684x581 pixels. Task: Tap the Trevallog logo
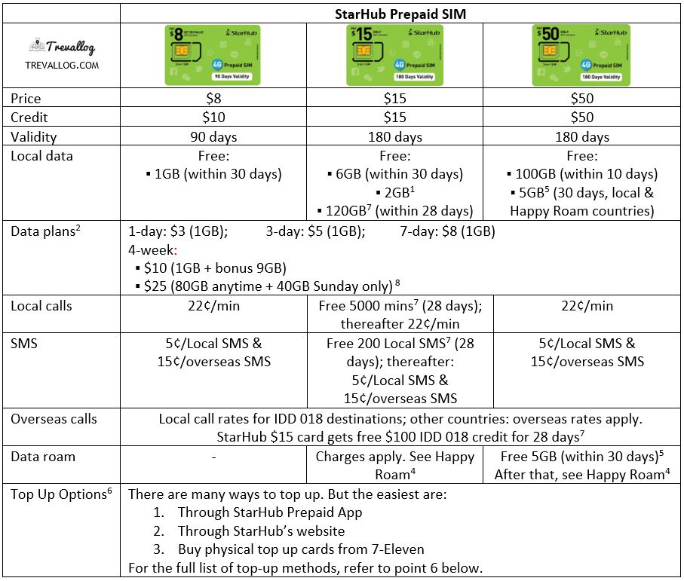click(61, 54)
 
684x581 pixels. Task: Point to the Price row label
click(26, 99)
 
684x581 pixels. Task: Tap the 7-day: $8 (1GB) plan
click(447, 231)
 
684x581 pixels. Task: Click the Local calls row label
click(41, 306)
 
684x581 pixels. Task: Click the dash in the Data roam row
click(213, 457)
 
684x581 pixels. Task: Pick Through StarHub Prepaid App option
click(270, 512)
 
